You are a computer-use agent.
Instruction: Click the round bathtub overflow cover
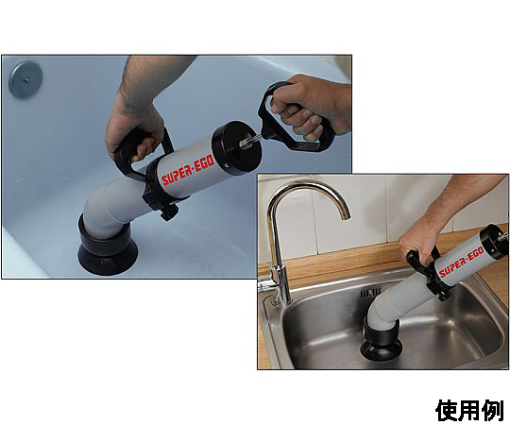25,79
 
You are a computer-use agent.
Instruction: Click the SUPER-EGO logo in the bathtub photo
188,171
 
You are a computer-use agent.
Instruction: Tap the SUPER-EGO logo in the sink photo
462,263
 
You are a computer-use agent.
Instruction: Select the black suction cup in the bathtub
108,248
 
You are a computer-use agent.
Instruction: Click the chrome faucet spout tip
345,215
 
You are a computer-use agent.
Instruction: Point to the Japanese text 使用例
469,411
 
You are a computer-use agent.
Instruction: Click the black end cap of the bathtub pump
236,146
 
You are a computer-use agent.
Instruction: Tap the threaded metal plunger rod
250,141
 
